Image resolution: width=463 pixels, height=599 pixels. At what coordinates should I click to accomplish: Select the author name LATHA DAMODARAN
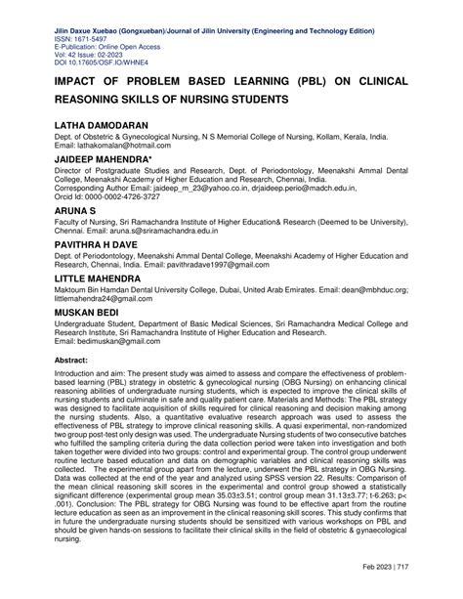click(x=102, y=128)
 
